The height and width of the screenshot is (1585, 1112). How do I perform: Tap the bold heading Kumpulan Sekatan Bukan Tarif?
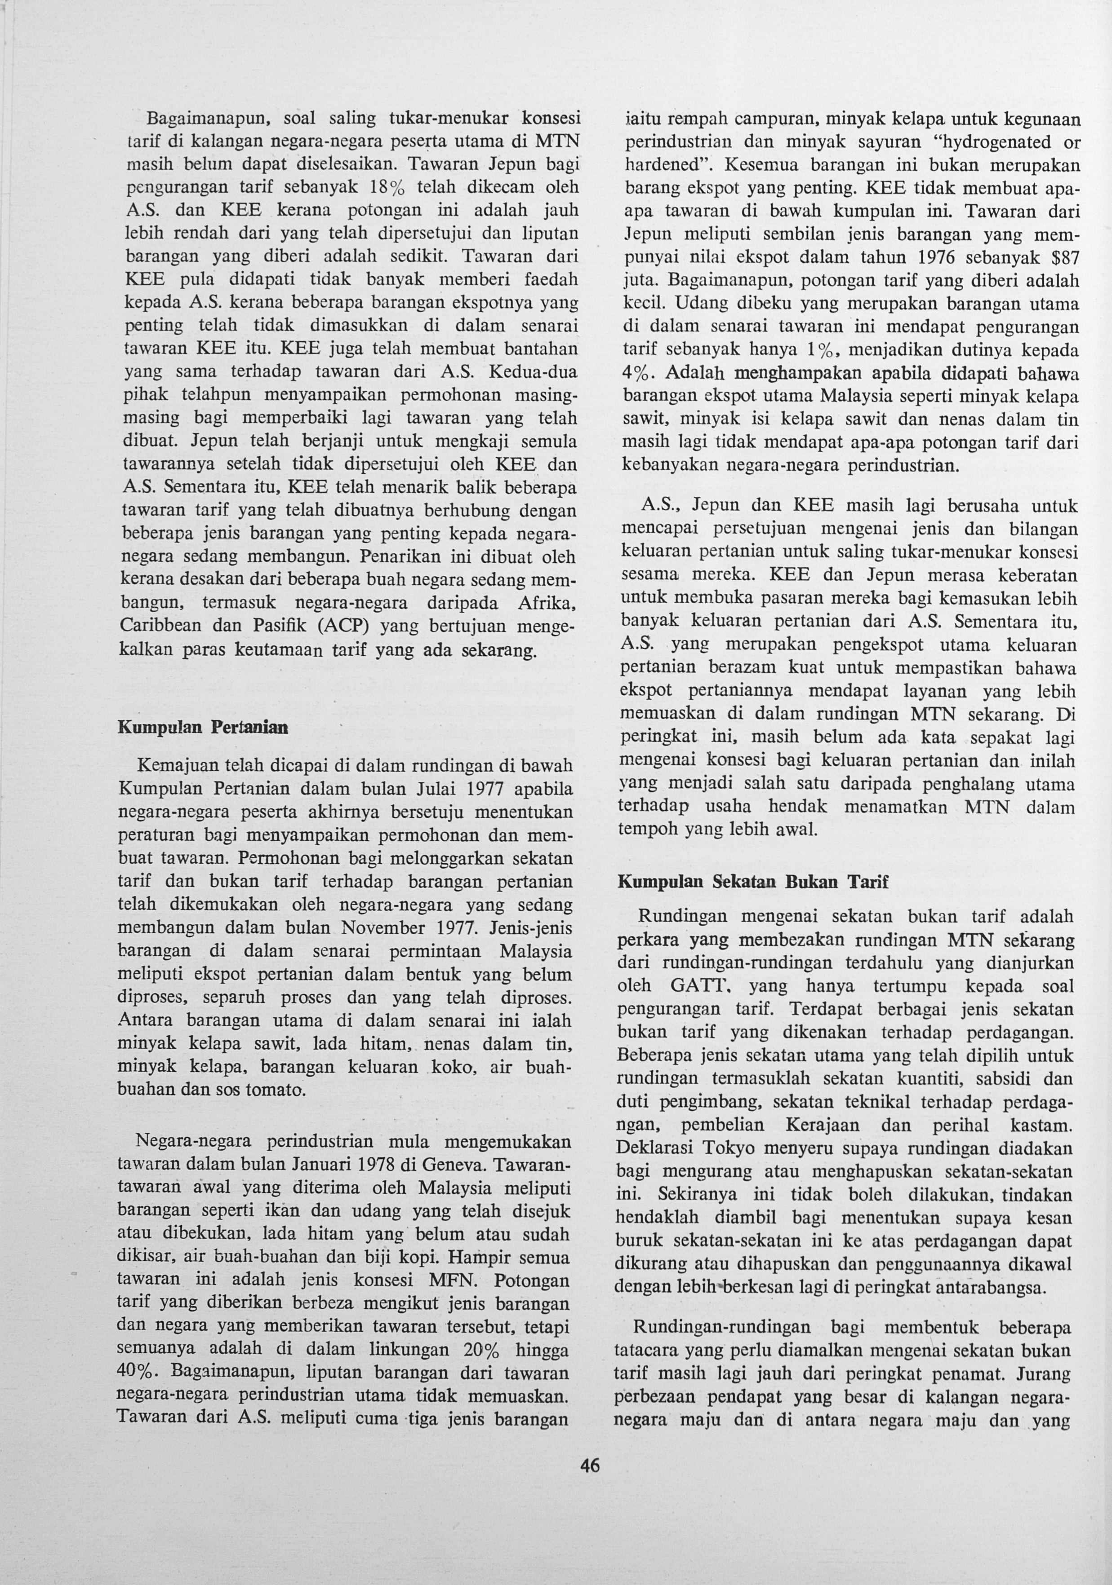[x=753, y=882]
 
